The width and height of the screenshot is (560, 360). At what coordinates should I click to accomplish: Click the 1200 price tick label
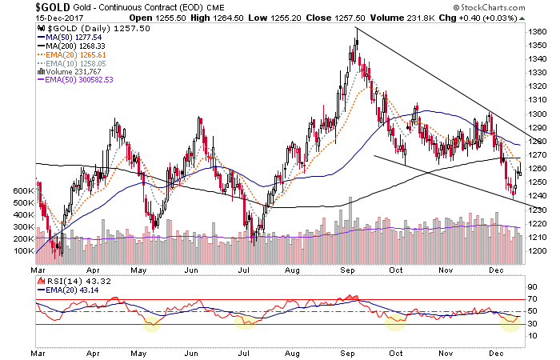pyautogui.click(x=538, y=250)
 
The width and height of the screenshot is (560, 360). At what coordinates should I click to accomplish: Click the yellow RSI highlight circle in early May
pyautogui.click(x=150, y=323)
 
